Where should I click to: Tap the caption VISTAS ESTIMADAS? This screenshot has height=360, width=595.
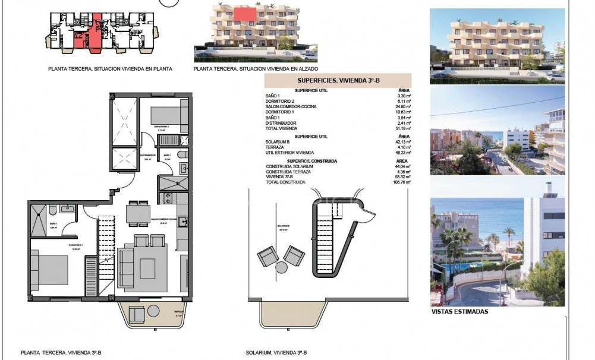click(x=459, y=311)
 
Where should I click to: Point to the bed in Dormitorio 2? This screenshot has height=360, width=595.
click(x=169, y=115)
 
